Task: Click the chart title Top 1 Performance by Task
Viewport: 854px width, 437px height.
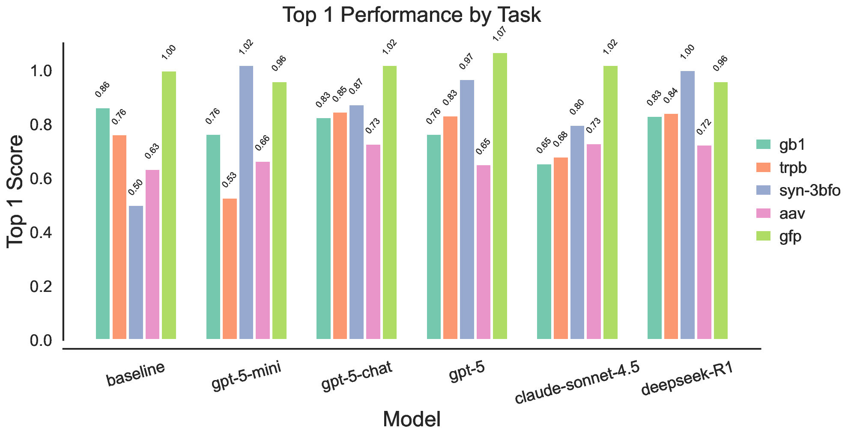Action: point(412,15)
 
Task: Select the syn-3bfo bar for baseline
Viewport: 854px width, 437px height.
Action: point(136,272)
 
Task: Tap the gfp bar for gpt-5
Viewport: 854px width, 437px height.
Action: point(500,196)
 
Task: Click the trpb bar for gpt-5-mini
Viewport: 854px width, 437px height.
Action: point(230,269)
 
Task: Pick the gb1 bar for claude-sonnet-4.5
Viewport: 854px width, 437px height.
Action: point(544,252)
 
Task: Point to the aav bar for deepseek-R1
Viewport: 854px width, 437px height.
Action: point(704,242)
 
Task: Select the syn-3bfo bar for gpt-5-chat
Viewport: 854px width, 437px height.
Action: point(356,222)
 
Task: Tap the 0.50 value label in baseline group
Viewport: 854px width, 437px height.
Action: point(135,188)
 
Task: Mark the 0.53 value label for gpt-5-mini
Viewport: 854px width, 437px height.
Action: point(229,181)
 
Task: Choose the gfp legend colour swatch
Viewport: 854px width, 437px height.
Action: point(763,236)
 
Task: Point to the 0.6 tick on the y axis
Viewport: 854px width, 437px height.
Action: point(41,179)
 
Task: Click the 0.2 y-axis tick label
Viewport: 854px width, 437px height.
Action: point(41,287)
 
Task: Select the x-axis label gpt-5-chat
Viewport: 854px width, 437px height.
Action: point(356,377)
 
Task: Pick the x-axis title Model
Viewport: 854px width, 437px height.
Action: point(412,419)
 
